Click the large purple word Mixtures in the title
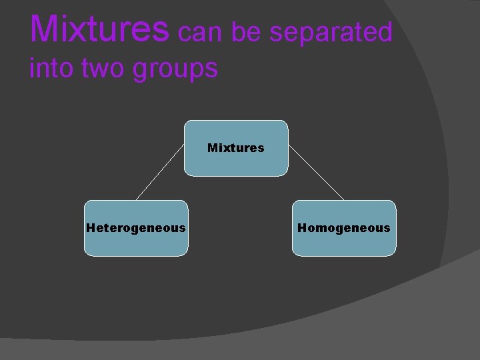point(99,29)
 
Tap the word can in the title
point(199,31)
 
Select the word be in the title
point(246,31)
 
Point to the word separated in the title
point(331,31)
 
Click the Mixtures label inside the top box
point(235,147)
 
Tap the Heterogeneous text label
point(136,228)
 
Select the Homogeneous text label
point(343,228)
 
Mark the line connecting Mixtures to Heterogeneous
point(160,173)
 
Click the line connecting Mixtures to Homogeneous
point(316,173)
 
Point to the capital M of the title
point(44,29)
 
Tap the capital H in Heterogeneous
point(91,227)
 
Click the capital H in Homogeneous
point(301,227)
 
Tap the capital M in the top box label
point(212,147)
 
